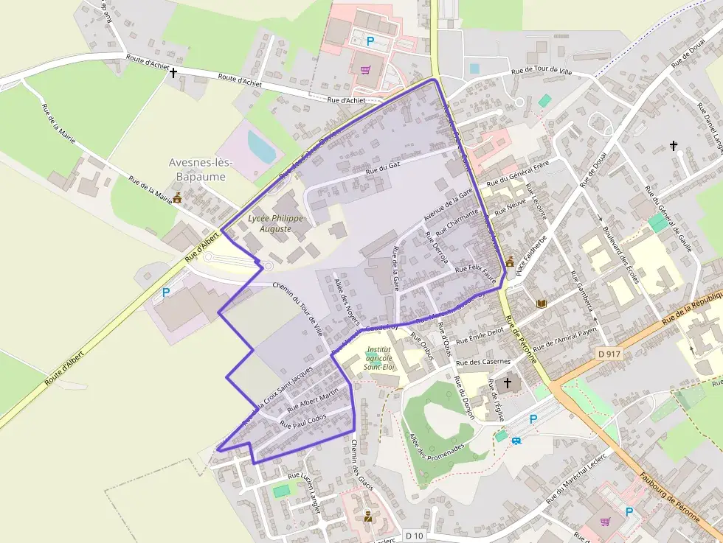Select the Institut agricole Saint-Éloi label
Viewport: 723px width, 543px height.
tap(382, 357)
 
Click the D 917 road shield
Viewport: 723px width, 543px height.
tap(609, 354)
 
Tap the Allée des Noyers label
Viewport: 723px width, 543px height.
tap(346, 302)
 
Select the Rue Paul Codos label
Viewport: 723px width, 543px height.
tap(302, 420)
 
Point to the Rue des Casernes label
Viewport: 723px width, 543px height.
tap(482, 362)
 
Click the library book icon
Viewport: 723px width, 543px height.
tap(542, 304)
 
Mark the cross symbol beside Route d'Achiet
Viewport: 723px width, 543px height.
tap(173, 73)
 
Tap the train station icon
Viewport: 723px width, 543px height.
tap(517, 441)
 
